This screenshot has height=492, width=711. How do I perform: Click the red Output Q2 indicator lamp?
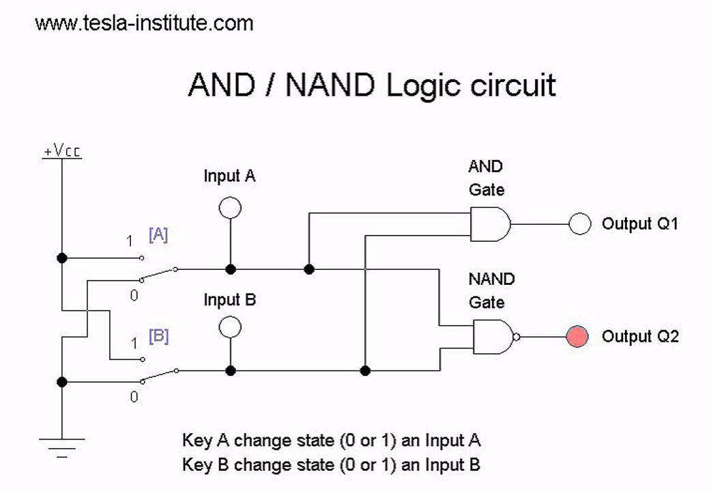(577, 337)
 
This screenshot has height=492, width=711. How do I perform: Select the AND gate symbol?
(490, 224)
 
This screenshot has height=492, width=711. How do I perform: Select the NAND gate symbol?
(493, 337)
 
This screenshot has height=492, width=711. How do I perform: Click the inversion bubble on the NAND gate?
(516, 337)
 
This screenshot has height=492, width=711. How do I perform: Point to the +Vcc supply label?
(62, 150)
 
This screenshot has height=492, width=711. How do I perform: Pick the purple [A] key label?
(158, 234)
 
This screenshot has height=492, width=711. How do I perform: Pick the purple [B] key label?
(159, 336)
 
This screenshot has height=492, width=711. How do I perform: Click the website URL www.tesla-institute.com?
(144, 23)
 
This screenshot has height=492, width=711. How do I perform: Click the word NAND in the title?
(330, 85)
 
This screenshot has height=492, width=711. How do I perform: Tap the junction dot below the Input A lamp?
(231, 269)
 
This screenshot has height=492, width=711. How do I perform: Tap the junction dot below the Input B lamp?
(231, 370)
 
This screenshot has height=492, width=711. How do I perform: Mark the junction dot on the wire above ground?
(62, 382)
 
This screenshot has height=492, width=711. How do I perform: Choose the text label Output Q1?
(640, 223)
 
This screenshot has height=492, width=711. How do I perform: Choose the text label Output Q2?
(640, 336)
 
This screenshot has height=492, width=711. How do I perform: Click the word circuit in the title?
(513, 85)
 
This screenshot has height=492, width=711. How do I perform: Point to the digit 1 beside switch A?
(130, 241)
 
